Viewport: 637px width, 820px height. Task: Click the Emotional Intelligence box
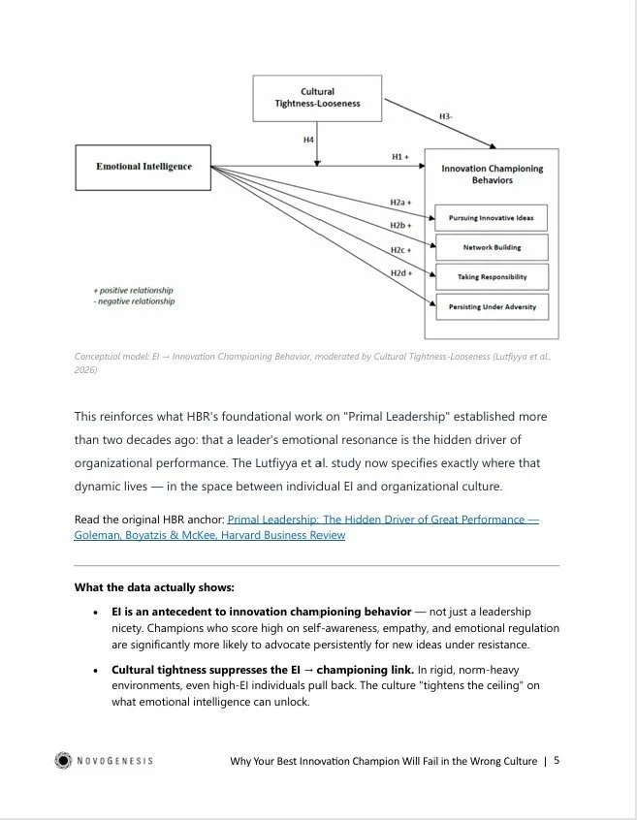(143, 166)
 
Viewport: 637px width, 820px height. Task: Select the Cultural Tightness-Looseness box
(317, 99)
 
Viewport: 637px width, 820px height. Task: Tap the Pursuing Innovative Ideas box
(491, 218)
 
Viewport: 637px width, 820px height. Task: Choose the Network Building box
(491, 247)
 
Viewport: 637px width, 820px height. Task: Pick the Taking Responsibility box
(491, 277)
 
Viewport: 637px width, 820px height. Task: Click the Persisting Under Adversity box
(491, 307)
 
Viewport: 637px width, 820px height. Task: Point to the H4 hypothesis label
(308, 141)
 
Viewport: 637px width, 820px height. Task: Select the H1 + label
(399, 156)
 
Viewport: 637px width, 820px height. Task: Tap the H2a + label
(399, 203)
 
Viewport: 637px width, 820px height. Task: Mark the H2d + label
(399, 273)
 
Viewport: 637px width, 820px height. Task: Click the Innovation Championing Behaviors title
(492, 174)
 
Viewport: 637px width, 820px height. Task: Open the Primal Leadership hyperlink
(383, 520)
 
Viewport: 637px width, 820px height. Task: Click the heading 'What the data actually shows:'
(154, 587)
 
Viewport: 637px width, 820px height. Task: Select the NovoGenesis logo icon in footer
(63, 760)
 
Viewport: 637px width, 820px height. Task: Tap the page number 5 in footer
(557, 760)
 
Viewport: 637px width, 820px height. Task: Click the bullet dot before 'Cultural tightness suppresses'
(95, 670)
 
